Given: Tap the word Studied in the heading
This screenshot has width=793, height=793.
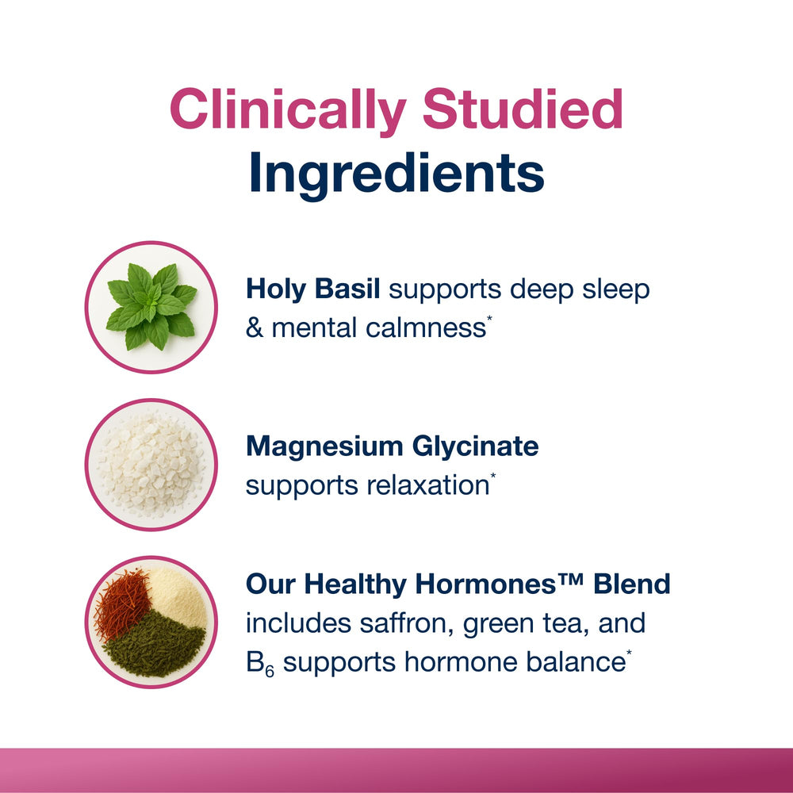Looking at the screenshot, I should [x=523, y=110].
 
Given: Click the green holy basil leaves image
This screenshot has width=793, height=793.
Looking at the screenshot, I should [x=151, y=306].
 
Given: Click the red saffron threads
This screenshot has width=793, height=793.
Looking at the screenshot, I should [x=121, y=603].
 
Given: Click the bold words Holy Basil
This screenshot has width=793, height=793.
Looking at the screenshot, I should [x=313, y=289].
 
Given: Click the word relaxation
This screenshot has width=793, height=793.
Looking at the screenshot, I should [x=427, y=485].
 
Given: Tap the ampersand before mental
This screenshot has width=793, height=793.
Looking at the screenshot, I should [x=255, y=328].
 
